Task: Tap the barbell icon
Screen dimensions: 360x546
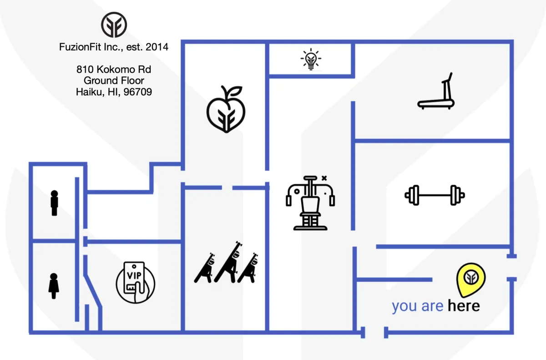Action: (435, 195)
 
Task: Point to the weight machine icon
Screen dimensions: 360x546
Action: (309, 202)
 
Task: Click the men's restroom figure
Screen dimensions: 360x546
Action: (55, 203)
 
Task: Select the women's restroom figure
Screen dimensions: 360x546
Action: (54, 286)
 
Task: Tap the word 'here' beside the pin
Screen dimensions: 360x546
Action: (463, 306)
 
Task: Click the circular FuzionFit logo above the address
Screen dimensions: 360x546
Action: (114, 25)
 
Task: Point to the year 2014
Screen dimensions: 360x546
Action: (157, 46)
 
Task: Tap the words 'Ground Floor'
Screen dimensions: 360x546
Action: (114, 81)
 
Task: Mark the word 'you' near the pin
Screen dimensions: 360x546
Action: (404, 306)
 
